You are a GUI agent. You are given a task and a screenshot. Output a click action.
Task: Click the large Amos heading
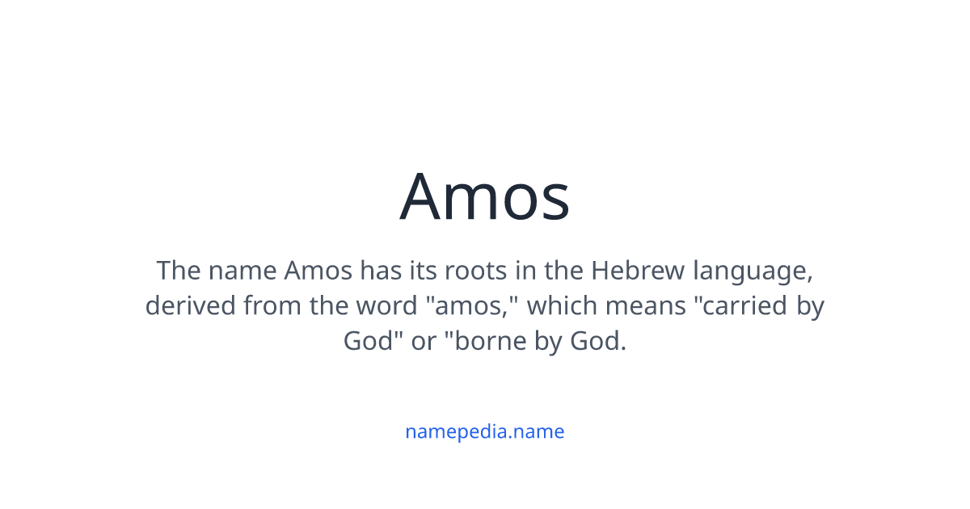[x=485, y=197]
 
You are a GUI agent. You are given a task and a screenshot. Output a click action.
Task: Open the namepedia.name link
[x=485, y=431]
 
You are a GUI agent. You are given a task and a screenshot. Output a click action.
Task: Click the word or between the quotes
[x=424, y=342]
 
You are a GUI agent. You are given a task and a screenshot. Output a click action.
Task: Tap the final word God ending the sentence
[x=597, y=341]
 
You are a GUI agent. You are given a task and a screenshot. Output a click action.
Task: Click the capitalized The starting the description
[x=179, y=270]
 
